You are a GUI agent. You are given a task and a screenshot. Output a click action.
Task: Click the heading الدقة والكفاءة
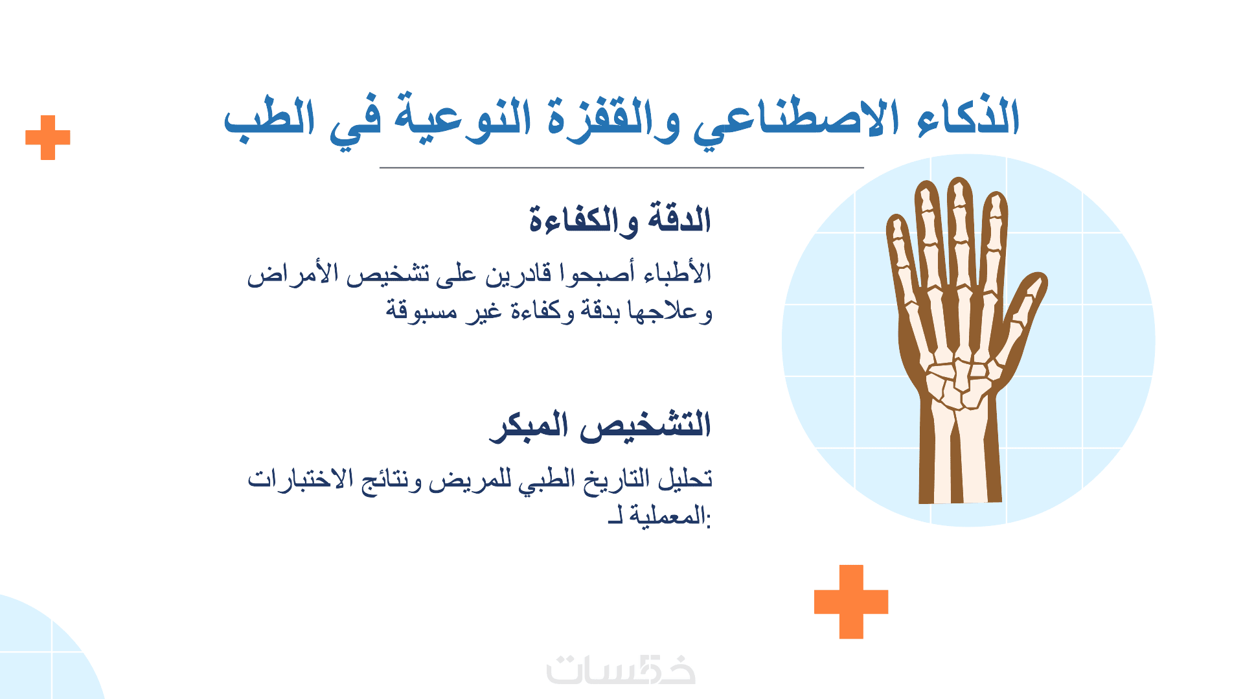[x=620, y=219]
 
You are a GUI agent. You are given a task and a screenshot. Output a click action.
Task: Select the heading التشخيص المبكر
[x=600, y=425]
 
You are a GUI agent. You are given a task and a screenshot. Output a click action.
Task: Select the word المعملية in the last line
[x=667, y=516]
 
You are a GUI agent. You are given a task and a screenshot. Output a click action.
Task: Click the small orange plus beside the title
[x=48, y=137]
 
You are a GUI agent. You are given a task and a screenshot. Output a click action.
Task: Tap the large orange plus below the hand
[x=851, y=602]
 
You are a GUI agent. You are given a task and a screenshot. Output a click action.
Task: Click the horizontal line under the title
[x=622, y=167]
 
